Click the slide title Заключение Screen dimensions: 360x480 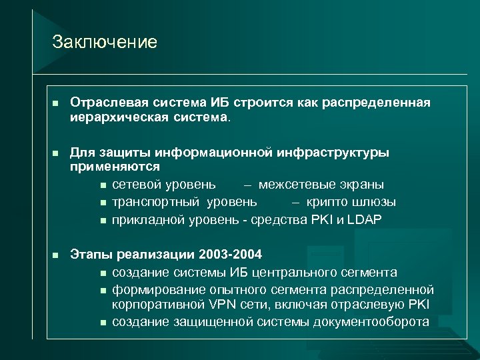point(105,43)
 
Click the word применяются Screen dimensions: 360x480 point(115,167)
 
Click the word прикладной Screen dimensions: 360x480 point(147,219)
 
